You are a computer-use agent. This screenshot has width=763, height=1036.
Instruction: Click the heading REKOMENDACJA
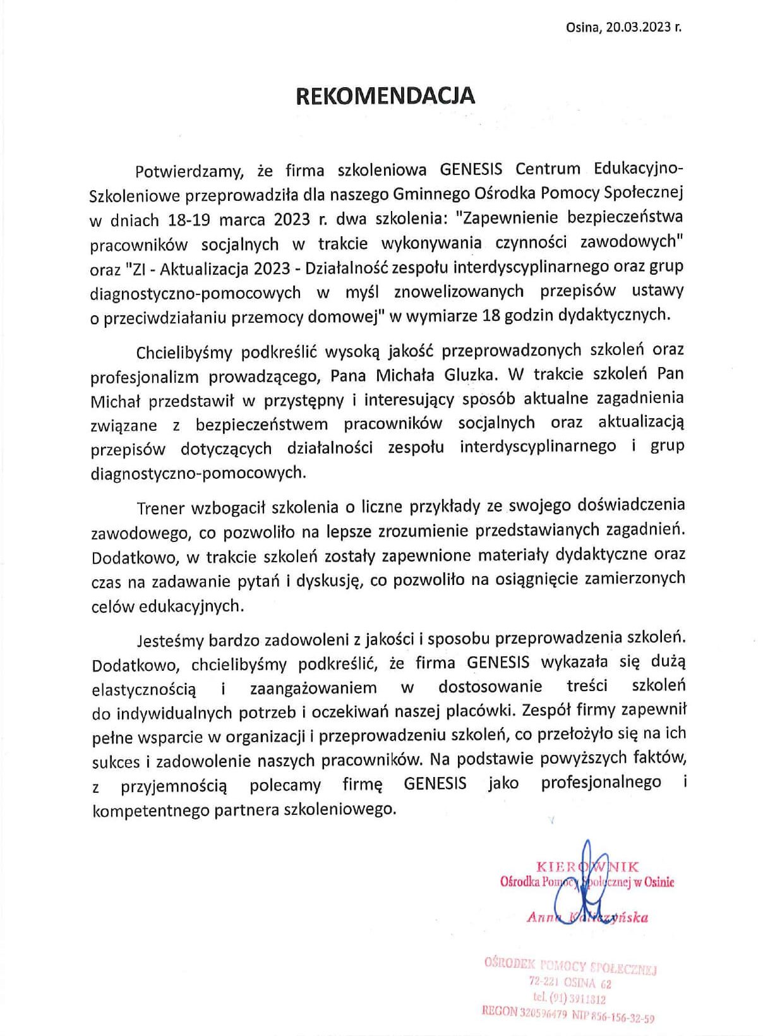385,95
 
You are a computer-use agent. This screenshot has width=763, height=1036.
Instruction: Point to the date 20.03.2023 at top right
637,27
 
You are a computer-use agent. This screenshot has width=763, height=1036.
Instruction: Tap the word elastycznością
144,688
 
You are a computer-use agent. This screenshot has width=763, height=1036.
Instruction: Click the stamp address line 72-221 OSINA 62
570,983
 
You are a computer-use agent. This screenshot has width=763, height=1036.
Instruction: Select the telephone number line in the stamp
569,999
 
